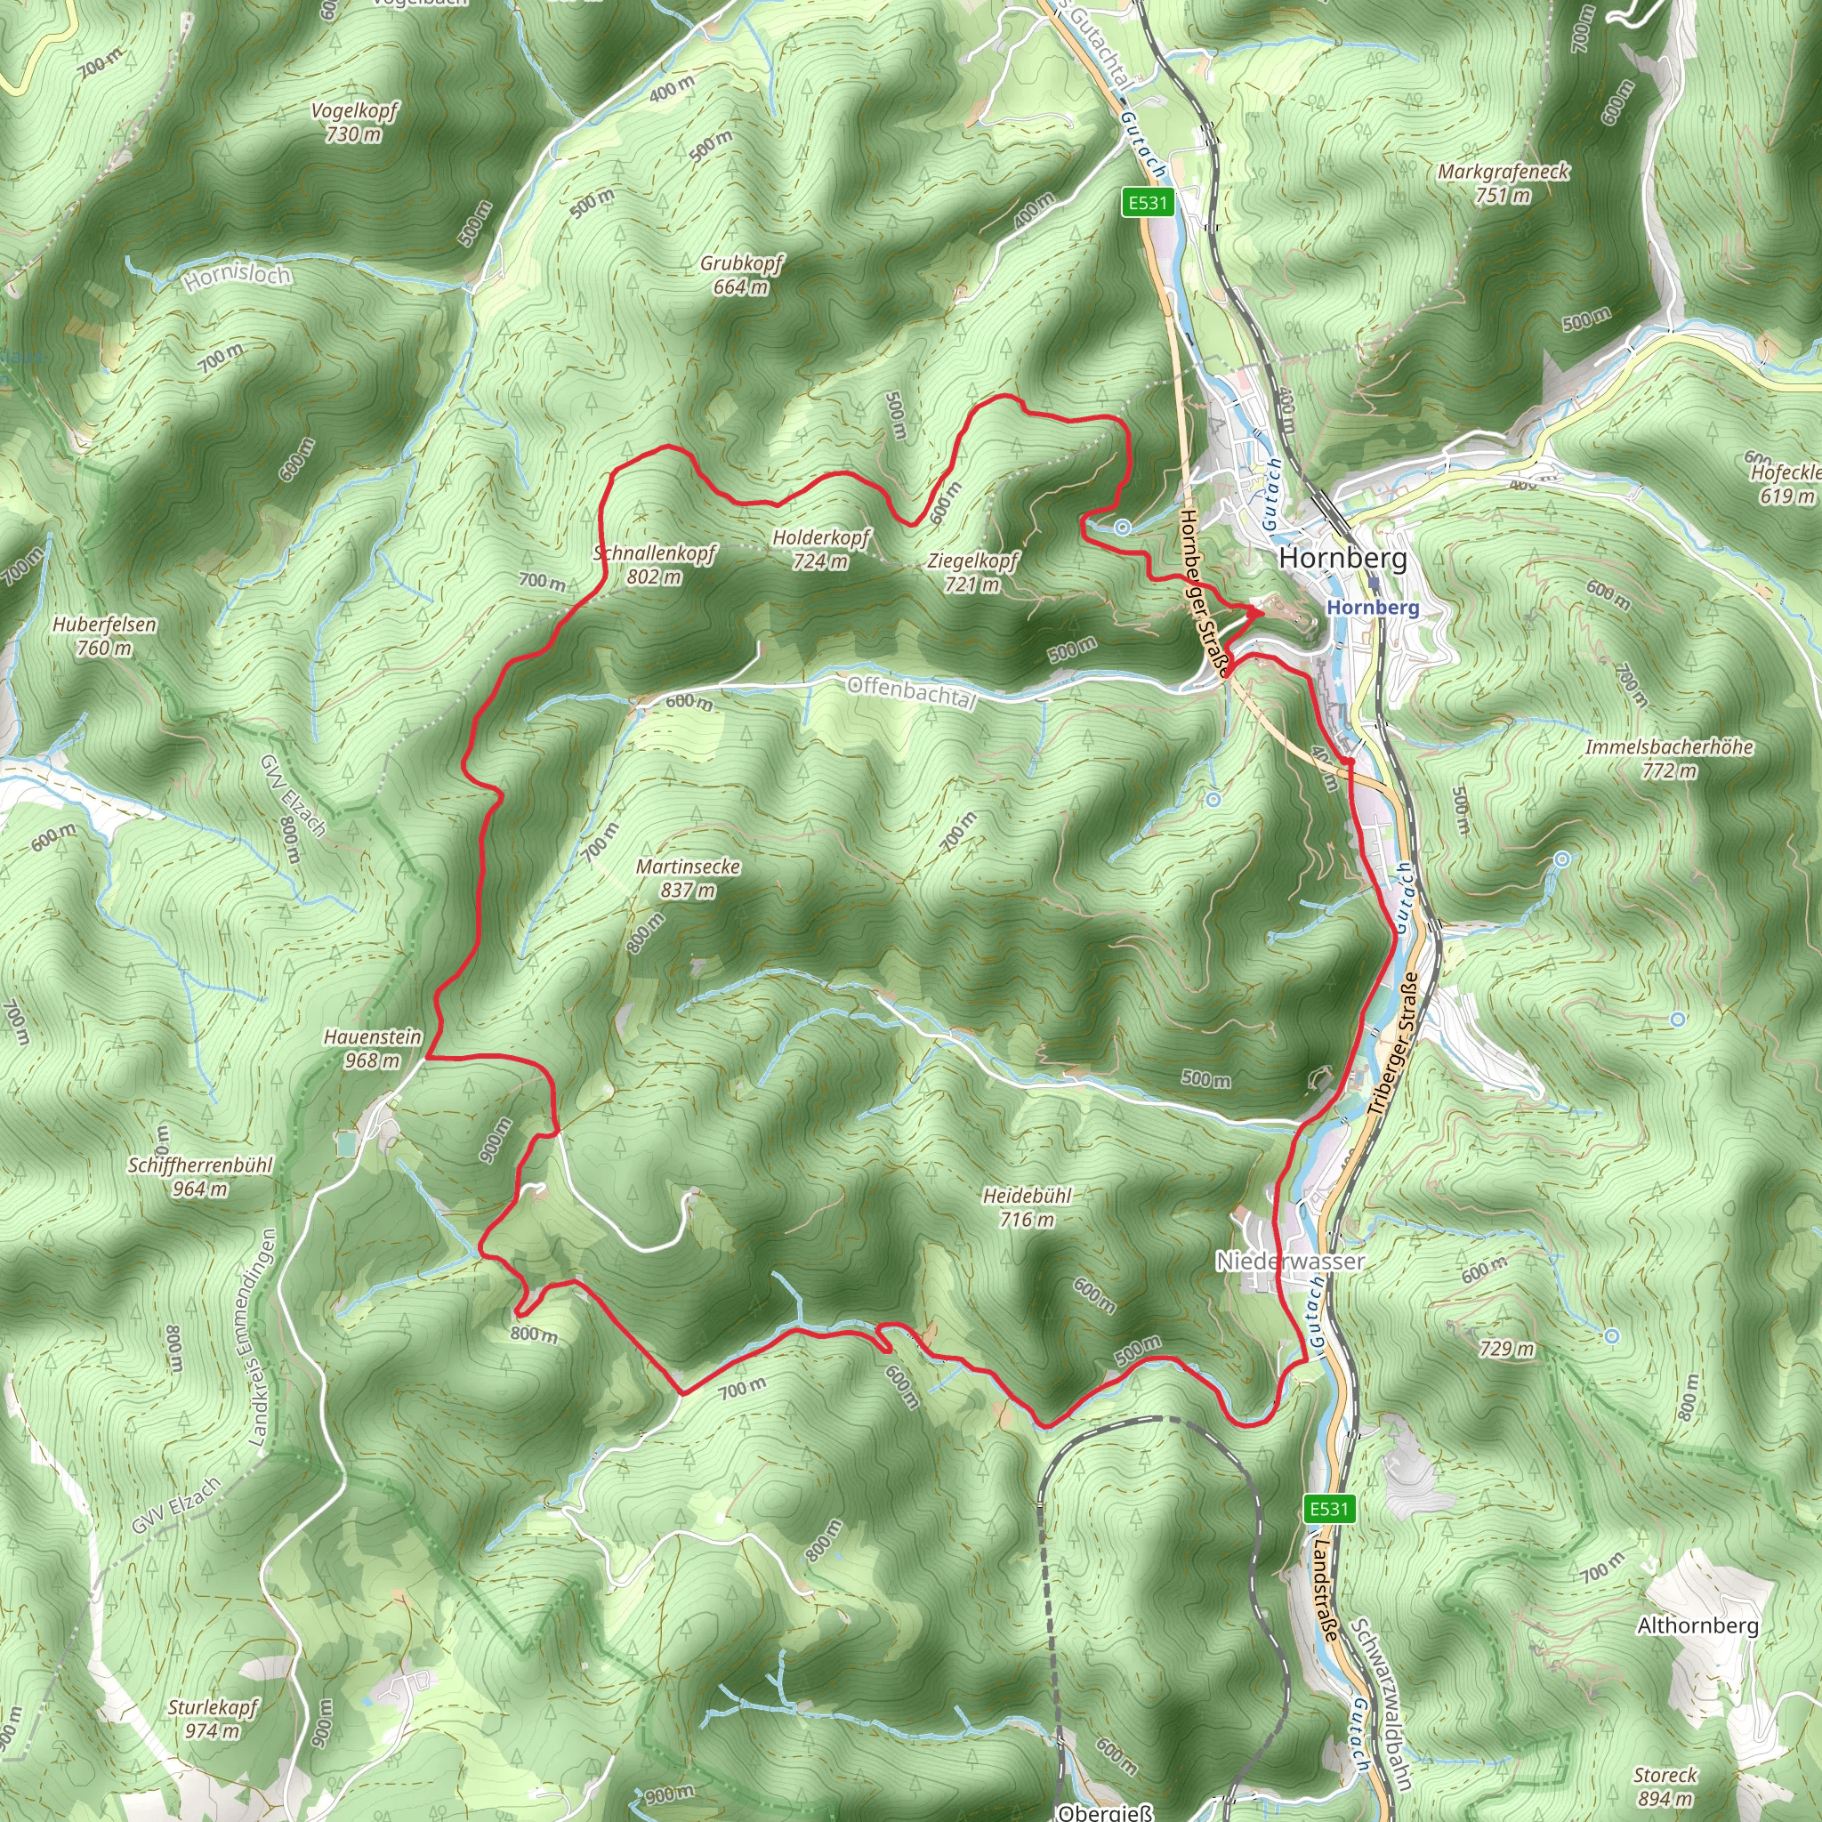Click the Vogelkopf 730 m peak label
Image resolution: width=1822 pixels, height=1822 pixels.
pyautogui.click(x=355, y=123)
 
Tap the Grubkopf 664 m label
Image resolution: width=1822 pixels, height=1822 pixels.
pyautogui.click(x=741, y=274)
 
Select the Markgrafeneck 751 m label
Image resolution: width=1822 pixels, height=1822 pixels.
pyautogui.click(x=1504, y=183)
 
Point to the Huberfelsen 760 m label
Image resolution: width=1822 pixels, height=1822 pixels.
pyautogui.click(x=105, y=635)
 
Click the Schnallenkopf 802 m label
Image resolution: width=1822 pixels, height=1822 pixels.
pyautogui.click(x=655, y=564)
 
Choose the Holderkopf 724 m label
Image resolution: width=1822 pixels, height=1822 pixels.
pyautogui.click(x=821, y=549)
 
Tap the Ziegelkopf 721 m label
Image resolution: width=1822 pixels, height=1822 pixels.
pyautogui.click(x=972, y=572)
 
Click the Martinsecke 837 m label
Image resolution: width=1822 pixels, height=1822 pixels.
pyautogui.click(x=689, y=878)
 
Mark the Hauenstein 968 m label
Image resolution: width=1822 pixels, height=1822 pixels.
pyautogui.click(x=373, y=1048)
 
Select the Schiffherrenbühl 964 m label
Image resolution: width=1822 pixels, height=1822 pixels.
pyautogui.click(x=200, y=1176)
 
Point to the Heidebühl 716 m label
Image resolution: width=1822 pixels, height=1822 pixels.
pyautogui.click(x=1027, y=1207)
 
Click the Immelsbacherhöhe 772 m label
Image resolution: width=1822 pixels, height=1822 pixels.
pyautogui.click(x=1669, y=758)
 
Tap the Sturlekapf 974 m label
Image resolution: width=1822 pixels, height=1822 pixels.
pyautogui.click(x=214, y=1717)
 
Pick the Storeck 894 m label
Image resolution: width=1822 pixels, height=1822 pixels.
pyautogui.click(x=1665, y=1786)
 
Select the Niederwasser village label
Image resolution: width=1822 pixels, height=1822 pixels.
pyautogui.click(x=1290, y=1261)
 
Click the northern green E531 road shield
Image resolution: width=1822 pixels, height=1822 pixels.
pyautogui.click(x=1148, y=202)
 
